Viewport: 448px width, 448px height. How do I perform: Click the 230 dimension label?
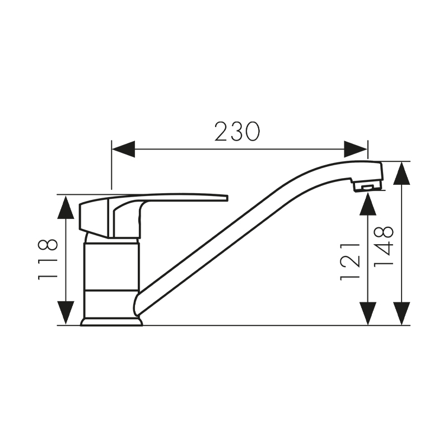pos(237,132)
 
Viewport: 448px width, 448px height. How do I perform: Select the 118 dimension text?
pos(48,259)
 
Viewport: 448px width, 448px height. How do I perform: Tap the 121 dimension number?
pos(351,261)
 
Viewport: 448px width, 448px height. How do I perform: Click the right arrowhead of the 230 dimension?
pos(356,149)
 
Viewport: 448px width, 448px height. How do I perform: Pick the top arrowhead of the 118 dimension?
pos(66,207)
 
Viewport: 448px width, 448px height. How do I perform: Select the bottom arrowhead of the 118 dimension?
pos(66,312)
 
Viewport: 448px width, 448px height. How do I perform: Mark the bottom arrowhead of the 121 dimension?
pos(367,312)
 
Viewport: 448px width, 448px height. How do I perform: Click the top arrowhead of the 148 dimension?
pos(401,174)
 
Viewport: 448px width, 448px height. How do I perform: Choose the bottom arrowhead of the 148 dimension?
pos(401,312)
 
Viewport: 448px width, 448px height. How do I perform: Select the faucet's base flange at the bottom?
pos(111,321)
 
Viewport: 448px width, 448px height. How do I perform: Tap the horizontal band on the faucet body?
pos(111,291)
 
